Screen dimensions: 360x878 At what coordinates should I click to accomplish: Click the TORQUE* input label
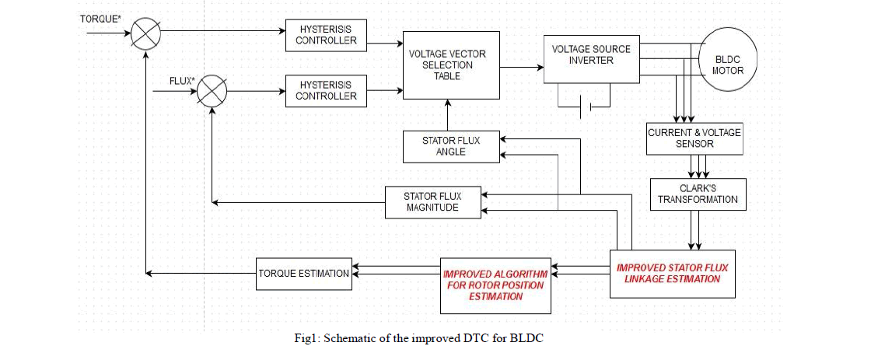point(101,17)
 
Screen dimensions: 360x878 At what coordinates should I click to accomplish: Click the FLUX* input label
point(181,81)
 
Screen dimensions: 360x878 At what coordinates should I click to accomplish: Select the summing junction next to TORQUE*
point(145,33)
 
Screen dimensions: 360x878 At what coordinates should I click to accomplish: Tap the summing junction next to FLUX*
point(210,92)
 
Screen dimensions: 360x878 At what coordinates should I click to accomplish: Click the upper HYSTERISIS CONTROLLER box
point(326,33)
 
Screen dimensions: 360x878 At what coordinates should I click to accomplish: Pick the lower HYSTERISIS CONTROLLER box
point(326,89)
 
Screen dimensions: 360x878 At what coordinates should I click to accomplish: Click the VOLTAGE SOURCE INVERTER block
point(591,59)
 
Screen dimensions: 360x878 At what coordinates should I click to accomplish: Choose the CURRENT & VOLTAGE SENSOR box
point(694,138)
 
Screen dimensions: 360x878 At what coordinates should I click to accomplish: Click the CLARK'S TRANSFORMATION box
point(698,194)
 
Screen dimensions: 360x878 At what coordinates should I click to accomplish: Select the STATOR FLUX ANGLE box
point(451,146)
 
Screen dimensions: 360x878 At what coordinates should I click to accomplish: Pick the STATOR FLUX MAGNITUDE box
point(434,202)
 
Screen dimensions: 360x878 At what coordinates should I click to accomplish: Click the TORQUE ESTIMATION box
point(303,273)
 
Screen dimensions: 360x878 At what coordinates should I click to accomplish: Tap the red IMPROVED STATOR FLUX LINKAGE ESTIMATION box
point(673,274)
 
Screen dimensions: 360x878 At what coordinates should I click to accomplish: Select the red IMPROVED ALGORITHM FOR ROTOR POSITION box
point(495,285)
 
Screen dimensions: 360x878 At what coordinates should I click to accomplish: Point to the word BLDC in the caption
point(536,337)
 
